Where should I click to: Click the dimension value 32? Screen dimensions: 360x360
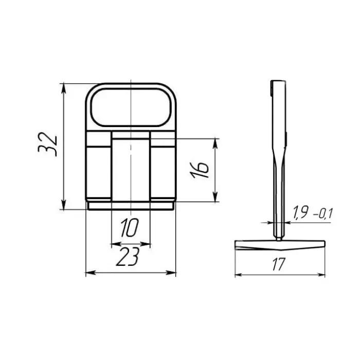coord(47,144)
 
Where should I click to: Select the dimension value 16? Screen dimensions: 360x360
coord(200,170)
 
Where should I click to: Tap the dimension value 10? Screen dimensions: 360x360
coord(129,227)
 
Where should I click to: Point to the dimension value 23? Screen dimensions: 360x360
coord(128,257)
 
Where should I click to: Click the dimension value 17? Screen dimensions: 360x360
coord(279,264)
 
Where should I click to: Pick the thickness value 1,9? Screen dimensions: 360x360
coord(300,213)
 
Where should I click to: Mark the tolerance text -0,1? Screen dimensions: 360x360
coord(322,214)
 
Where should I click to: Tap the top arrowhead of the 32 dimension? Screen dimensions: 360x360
coord(64,88)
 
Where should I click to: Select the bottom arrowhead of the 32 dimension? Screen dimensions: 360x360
coord(64,205)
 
